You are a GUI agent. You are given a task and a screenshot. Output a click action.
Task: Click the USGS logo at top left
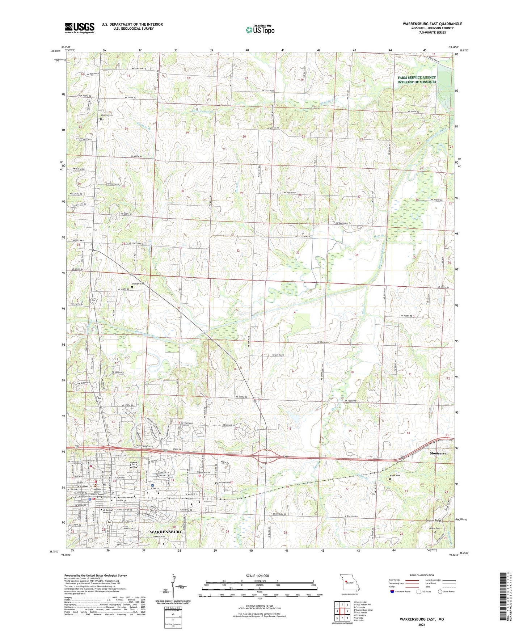coord(80,28)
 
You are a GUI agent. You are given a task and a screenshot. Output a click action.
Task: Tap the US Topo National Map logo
coord(260,30)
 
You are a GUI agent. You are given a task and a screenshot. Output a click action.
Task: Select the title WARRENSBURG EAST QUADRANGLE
coord(432,24)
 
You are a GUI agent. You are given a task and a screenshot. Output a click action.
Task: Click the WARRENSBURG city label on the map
coord(166,532)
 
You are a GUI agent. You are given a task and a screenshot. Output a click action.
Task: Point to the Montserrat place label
coord(439,454)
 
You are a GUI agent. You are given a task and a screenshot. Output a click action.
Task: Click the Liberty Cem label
coord(107,115)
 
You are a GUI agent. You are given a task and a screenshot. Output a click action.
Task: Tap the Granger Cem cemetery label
coord(138,284)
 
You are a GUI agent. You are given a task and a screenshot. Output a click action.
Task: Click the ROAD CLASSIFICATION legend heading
coord(422,575)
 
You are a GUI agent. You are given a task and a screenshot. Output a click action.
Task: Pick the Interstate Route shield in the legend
coord(393,592)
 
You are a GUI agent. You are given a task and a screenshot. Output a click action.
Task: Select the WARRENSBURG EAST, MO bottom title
coord(422,619)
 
